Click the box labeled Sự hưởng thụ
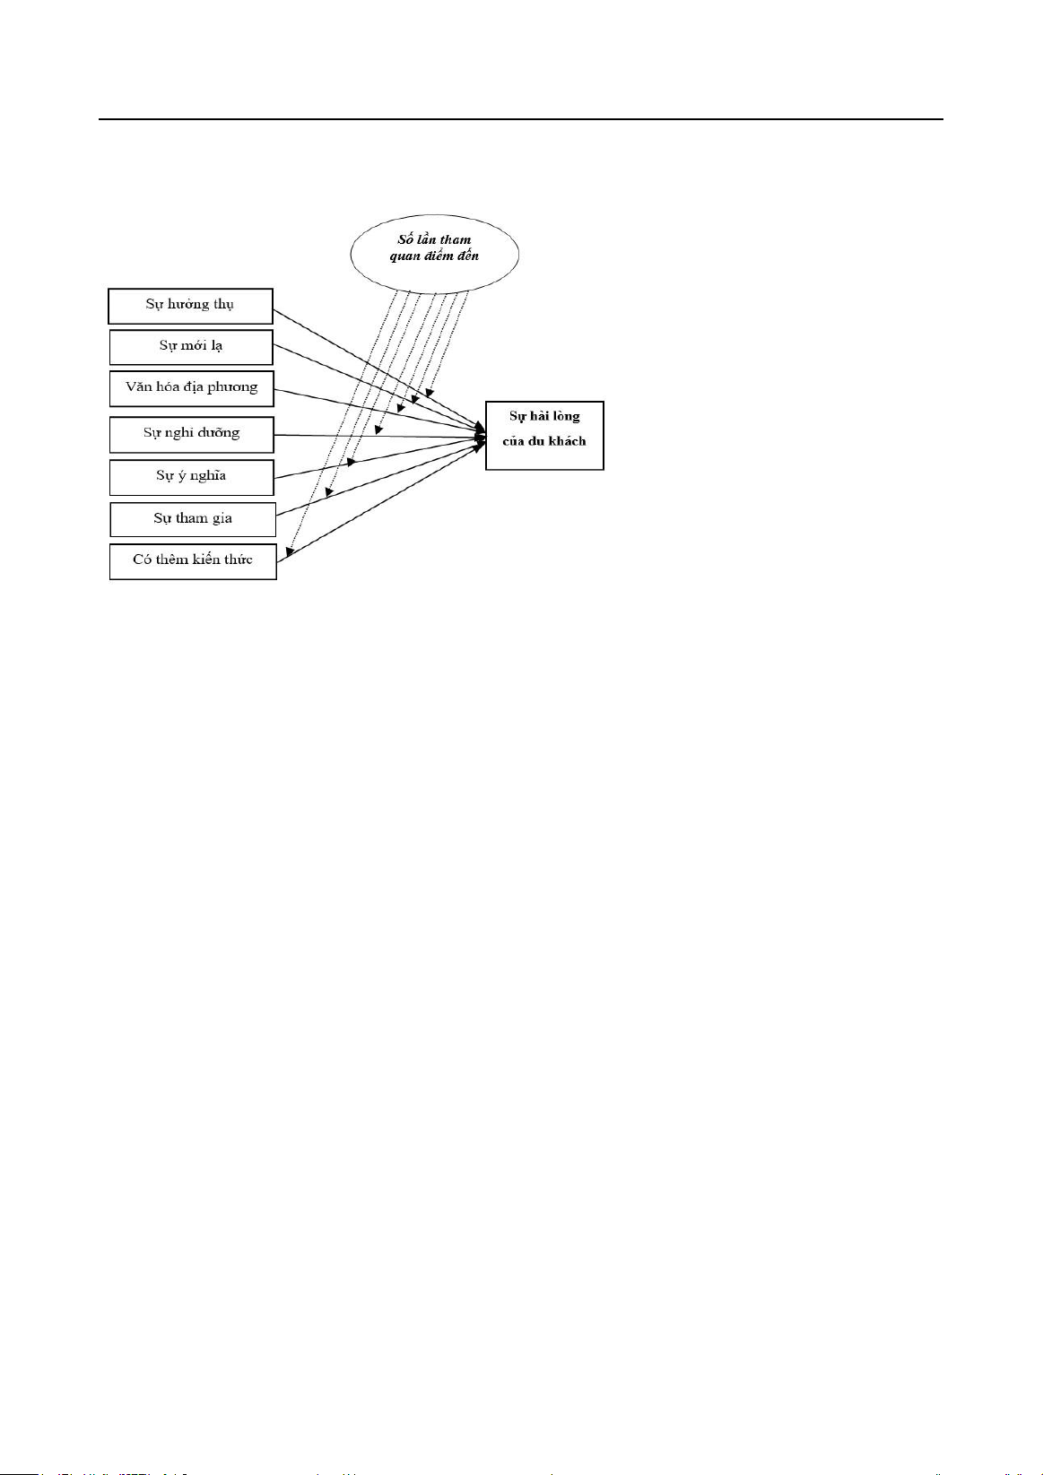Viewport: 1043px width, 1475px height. [x=190, y=306]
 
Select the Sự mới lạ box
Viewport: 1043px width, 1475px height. [x=191, y=347]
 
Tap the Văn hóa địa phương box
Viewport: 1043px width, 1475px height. [x=192, y=388]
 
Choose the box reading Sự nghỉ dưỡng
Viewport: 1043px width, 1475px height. [x=192, y=435]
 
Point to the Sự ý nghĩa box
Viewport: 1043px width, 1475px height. [x=192, y=477]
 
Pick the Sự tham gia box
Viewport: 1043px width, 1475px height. [x=193, y=519]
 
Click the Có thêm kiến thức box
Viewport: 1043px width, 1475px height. [x=193, y=561]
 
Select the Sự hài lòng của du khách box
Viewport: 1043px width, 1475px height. [x=544, y=435]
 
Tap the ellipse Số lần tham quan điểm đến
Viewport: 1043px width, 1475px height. [x=435, y=254]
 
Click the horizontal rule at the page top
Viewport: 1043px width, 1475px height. [x=521, y=119]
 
